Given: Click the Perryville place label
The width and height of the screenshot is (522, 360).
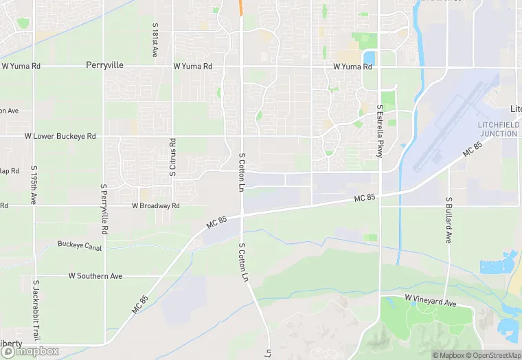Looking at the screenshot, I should point(105,66).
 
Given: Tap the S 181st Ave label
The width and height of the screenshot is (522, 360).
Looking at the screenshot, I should point(155,40).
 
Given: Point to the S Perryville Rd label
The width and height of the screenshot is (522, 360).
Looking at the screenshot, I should point(105,207).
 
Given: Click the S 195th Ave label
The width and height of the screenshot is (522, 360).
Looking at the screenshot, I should point(34,185).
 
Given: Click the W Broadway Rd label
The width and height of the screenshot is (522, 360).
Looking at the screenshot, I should point(156,205).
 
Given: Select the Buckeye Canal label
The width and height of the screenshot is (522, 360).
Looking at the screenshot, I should point(80,245).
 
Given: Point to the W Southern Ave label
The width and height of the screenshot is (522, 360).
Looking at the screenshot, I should point(95,275).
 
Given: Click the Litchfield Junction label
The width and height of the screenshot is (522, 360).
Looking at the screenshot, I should point(498,128).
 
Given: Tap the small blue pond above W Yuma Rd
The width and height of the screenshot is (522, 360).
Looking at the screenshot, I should point(369,56).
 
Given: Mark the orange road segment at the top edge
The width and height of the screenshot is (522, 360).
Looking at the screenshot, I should point(241,7).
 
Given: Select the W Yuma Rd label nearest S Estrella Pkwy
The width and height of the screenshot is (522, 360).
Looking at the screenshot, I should point(352,67).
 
